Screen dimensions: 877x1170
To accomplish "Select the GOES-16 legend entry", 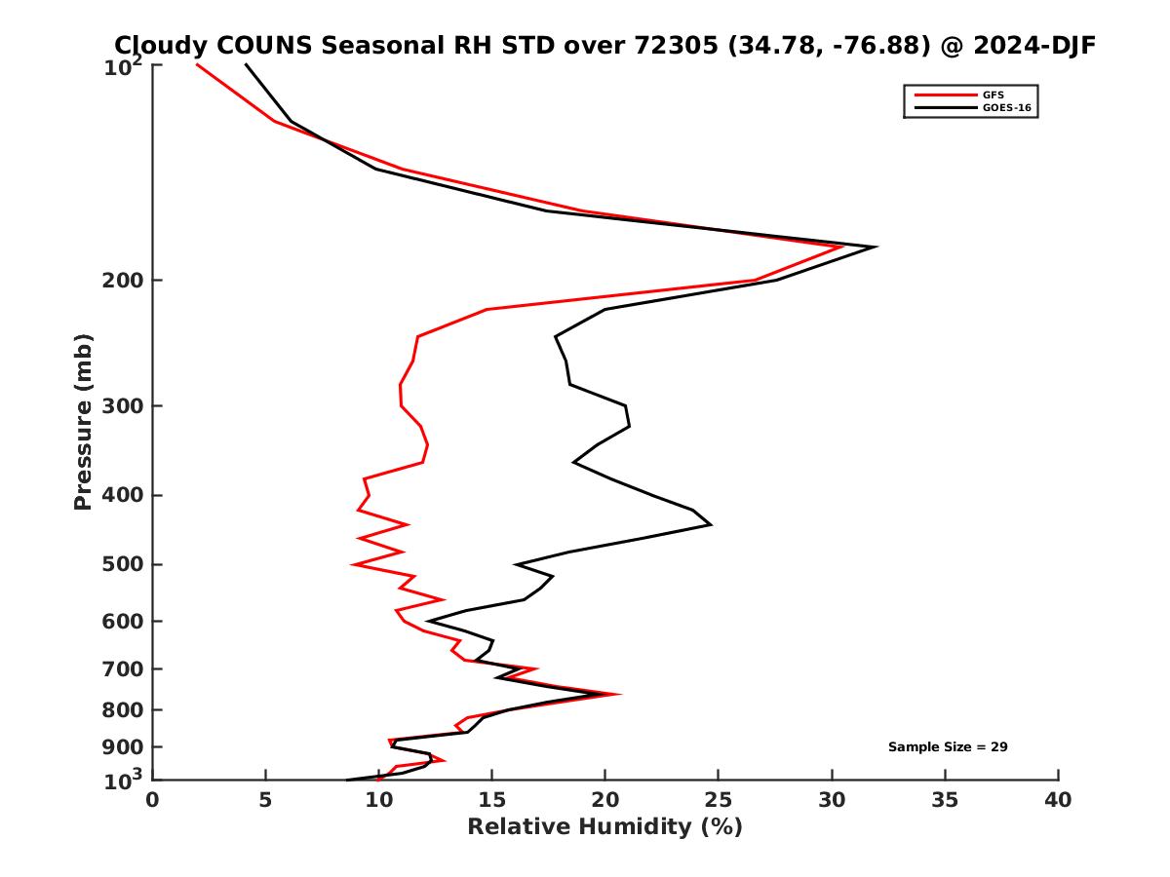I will [1005, 108].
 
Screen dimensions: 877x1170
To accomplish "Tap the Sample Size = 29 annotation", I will [947, 747].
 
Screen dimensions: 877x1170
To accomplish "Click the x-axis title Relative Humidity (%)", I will [604, 827].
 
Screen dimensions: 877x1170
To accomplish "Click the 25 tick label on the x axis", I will [719, 800].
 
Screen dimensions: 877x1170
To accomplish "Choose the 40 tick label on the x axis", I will [1058, 800].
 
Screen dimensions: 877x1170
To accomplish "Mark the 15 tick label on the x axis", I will [492, 800].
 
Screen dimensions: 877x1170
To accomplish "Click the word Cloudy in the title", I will [156, 45].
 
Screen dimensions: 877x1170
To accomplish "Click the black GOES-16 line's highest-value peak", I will [876, 247].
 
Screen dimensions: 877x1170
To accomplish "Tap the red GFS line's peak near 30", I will [841, 247].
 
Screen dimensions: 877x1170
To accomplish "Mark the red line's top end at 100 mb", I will [198, 64].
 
